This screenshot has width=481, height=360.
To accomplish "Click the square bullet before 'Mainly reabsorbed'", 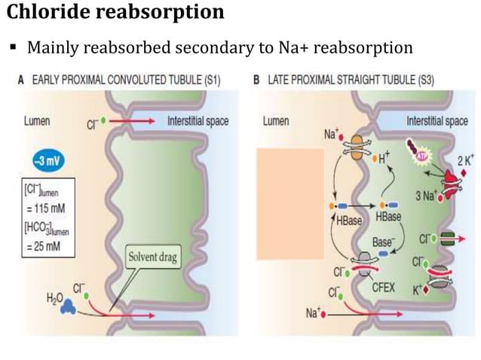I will pyautogui.click(x=14, y=48).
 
